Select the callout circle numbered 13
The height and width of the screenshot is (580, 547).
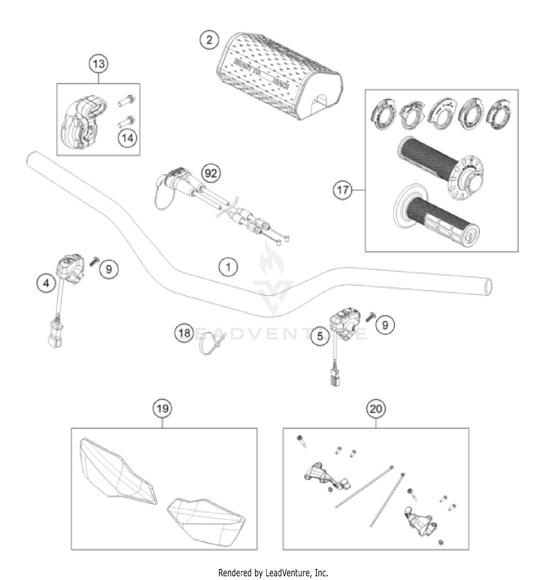[99, 64]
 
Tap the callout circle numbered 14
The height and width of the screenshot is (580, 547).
[128, 138]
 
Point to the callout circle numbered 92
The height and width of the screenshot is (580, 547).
[211, 173]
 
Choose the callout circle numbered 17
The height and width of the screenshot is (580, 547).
[343, 190]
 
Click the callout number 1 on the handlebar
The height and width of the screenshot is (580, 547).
[228, 267]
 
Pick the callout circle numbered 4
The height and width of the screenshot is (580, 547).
[46, 283]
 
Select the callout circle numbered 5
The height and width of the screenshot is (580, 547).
[320, 336]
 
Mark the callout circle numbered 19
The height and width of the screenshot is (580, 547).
[162, 409]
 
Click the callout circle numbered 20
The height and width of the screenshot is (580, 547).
[376, 409]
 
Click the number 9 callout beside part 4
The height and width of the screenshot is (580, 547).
[109, 269]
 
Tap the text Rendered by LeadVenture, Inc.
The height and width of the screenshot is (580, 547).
[273, 572]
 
